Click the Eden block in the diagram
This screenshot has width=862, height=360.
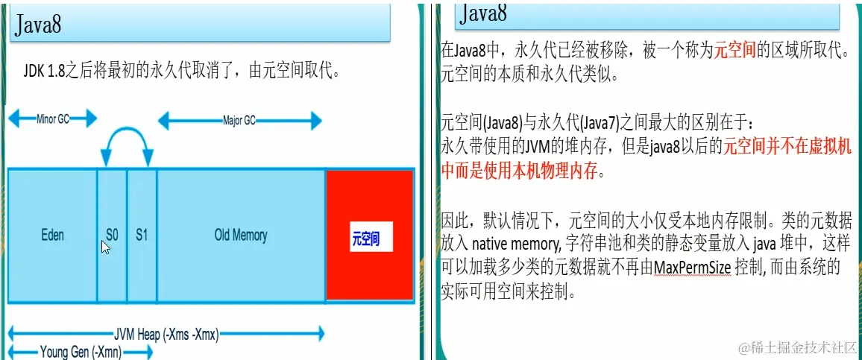click(x=52, y=236)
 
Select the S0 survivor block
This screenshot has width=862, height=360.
click(x=112, y=234)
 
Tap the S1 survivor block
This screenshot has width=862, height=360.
click(x=142, y=234)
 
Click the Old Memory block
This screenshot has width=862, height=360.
click(x=240, y=236)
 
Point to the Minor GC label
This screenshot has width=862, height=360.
click(x=52, y=119)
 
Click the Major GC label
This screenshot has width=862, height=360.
click(x=239, y=119)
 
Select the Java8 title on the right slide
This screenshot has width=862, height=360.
click(x=485, y=13)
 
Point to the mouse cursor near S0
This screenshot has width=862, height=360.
click(x=106, y=247)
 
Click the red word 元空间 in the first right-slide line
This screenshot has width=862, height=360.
click(x=737, y=51)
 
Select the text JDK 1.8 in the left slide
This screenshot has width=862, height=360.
click(x=43, y=72)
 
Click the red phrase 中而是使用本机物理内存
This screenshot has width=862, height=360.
click(x=520, y=171)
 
